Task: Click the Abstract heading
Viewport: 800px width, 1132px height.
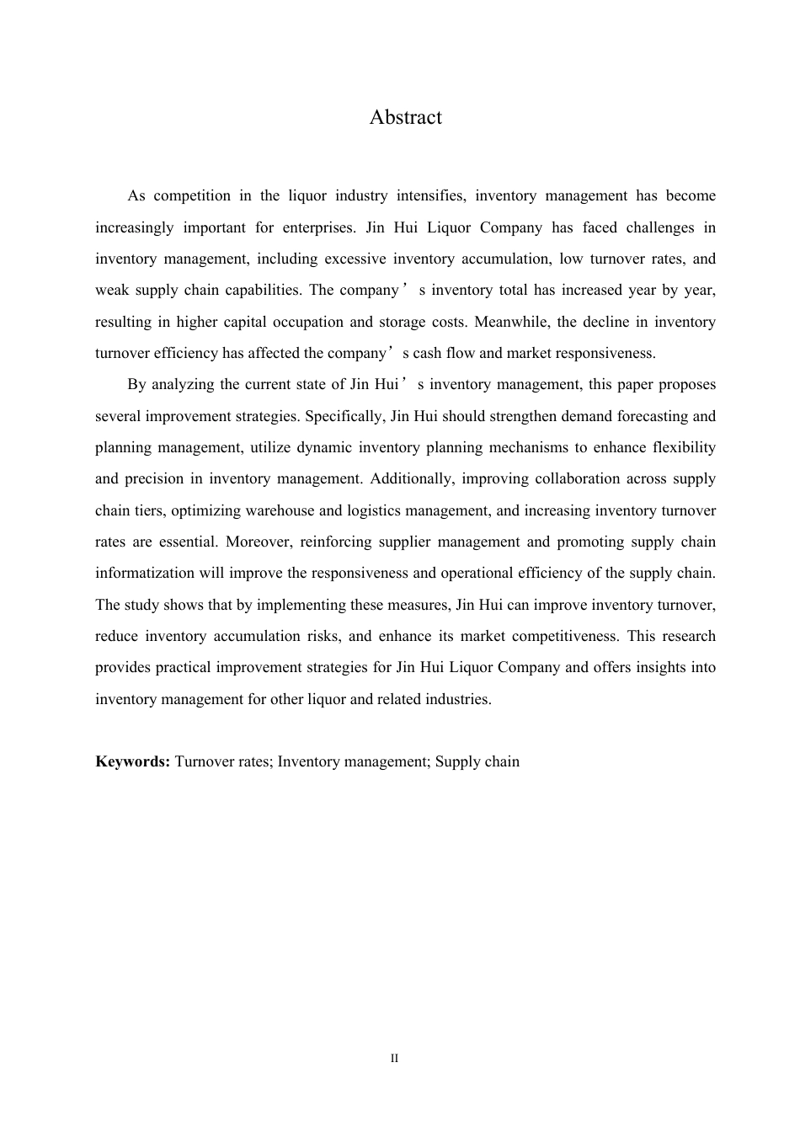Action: (x=405, y=117)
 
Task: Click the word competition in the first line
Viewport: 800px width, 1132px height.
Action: (x=192, y=196)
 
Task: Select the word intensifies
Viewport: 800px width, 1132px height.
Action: (x=429, y=196)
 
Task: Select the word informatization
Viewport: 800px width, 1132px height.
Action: (x=145, y=574)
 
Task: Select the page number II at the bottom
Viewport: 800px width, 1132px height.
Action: (x=394, y=1058)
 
